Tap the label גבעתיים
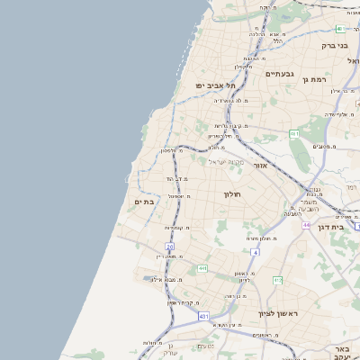click(281, 74)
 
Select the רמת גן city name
click(316, 79)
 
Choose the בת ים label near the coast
click(144, 202)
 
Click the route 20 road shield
click(169, 245)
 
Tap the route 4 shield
click(256, 252)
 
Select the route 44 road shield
click(306, 224)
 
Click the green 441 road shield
click(202, 268)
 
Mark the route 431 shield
click(203, 317)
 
